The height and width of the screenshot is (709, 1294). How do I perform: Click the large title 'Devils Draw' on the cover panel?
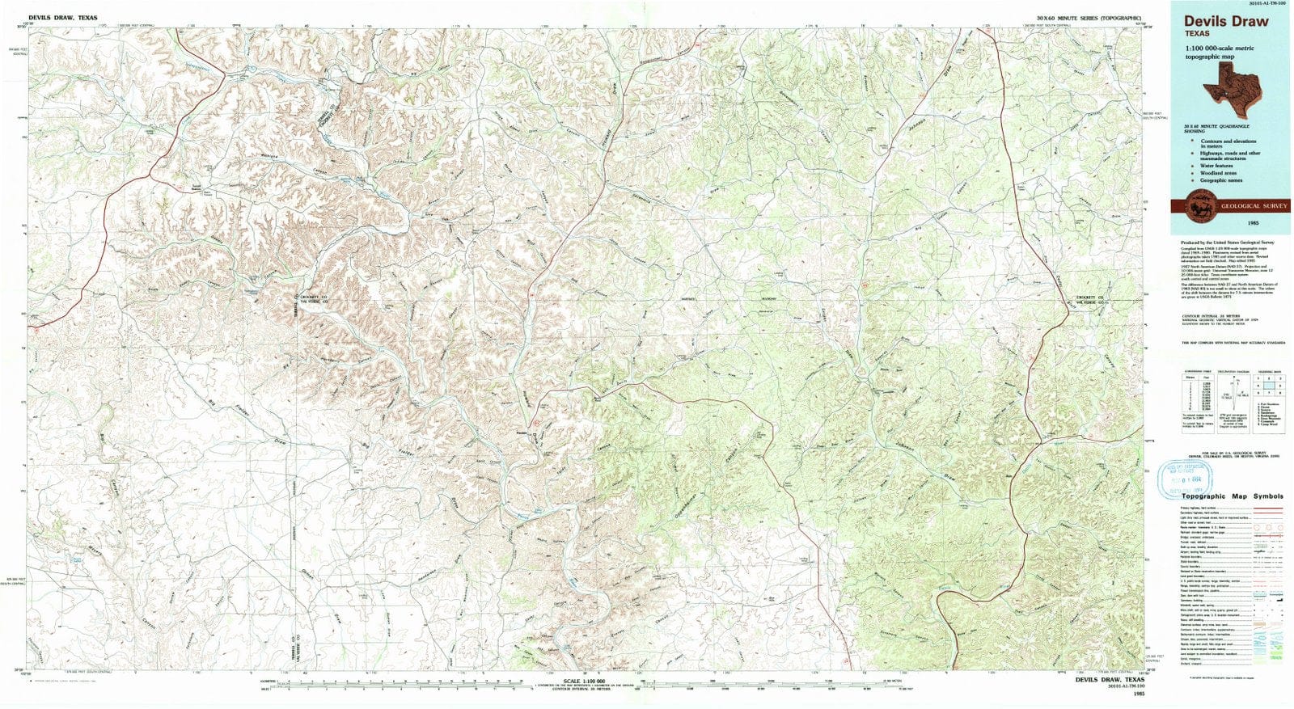click(1226, 22)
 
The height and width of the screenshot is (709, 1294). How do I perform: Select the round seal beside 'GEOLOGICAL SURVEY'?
click(1196, 206)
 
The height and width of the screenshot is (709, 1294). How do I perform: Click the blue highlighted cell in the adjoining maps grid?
click(1267, 386)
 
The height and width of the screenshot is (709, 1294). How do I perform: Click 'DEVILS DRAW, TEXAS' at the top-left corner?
click(63, 17)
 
